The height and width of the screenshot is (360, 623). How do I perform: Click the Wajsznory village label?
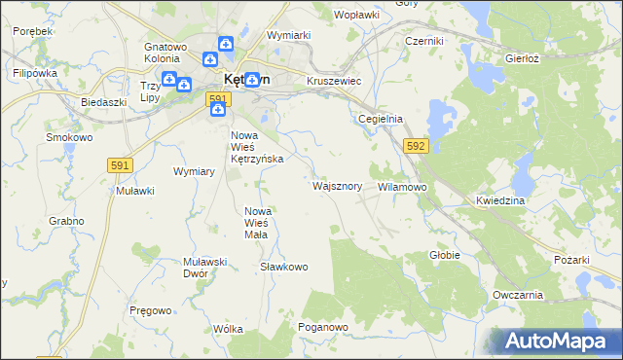(x=337, y=185)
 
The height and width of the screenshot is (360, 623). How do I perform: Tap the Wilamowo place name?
(x=402, y=185)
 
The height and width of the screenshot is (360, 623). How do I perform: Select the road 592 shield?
(x=416, y=146)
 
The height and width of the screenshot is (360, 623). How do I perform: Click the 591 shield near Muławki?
(x=121, y=166)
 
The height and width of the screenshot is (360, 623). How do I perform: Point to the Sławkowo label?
(x=284, y=266)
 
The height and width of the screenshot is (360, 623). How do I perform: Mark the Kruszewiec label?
(x=334, y=82)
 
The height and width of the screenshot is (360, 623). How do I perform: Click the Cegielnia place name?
(x=380, y=119)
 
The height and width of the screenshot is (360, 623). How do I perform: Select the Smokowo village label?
(x=69, y=137)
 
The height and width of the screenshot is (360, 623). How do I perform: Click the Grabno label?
(x=65, y=221)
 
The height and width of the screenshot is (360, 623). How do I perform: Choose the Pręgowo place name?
(x=150, y=309)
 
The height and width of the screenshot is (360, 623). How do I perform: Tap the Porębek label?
(x=33, y=31)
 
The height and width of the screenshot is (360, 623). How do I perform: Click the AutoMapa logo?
(x=556, y=341)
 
